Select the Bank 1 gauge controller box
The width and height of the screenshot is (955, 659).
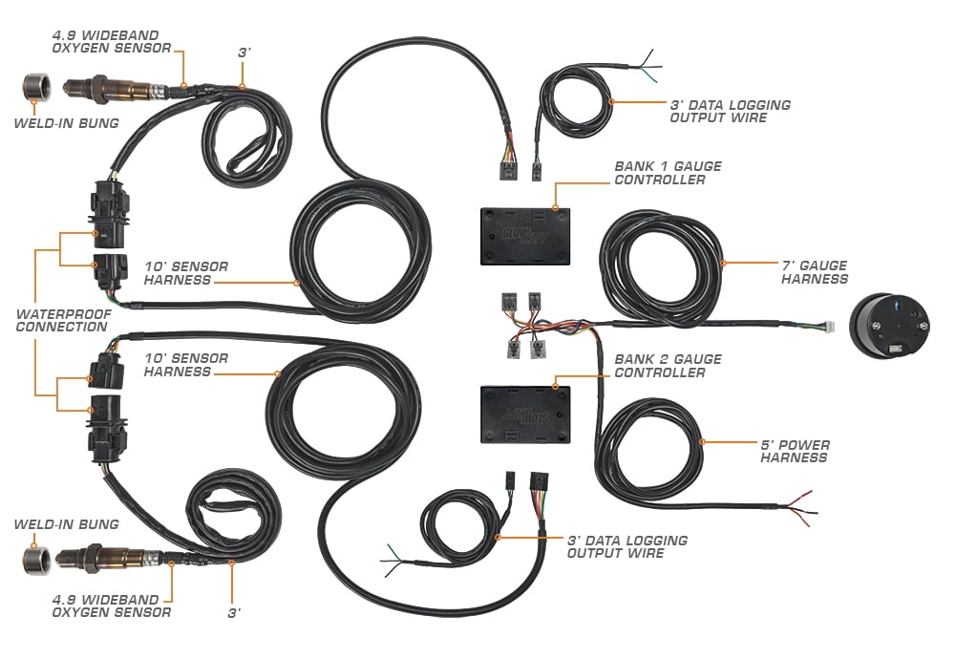tap(523, 235)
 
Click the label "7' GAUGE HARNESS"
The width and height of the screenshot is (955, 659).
tap(815, 272)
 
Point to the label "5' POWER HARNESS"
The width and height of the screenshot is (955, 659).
tap(795, 451)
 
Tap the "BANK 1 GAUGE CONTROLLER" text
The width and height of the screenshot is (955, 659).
tap(668, 173)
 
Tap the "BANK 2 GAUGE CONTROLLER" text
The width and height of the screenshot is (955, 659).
tap(668, 366)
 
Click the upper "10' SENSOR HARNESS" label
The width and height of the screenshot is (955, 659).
tap(186, 273)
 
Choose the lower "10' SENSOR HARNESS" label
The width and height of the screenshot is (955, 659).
tap(186, 365)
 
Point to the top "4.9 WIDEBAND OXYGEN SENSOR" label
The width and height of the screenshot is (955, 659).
tap(112, 42)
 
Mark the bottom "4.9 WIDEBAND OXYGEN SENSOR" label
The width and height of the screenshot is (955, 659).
tap(112, 606)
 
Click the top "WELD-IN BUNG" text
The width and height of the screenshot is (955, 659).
tap(66, 122)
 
